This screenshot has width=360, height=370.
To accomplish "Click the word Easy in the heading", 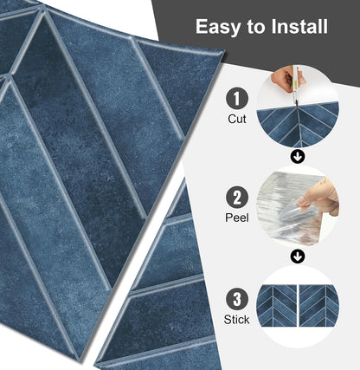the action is click(218, 27).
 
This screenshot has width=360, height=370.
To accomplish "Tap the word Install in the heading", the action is click(299, 26).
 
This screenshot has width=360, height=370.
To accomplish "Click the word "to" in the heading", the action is click(256, 27).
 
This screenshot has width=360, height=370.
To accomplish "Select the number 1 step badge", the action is click(237, 99).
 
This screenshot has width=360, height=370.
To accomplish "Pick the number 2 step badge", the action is click(237, 198).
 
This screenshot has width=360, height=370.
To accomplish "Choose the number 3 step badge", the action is click(237, 299).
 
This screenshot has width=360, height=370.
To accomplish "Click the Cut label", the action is click(237, 119).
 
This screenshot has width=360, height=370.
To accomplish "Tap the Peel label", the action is click(237, 217).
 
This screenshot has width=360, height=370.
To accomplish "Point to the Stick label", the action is click(236, 320).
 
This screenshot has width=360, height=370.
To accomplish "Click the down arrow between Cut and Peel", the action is click(298, 157).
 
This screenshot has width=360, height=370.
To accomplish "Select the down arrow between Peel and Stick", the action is click(298, 256).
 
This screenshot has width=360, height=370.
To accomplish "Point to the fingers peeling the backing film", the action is click(318, 199).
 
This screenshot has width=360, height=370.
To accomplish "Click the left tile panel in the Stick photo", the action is click(277, 305).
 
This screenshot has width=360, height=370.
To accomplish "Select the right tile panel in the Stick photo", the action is click(318, 305).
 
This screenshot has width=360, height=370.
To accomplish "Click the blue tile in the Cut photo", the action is click(297, 126).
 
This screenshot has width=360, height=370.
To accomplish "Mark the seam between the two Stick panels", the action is click(298, 305).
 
